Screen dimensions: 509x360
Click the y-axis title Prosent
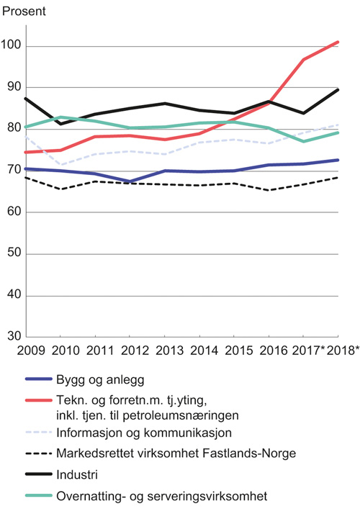(24, 10)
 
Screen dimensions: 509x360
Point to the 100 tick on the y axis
(12, 47)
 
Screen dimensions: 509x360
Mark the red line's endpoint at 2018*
(338, 42)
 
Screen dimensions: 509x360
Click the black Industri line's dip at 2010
(60, 124)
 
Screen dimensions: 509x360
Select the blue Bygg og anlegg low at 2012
(130, 181)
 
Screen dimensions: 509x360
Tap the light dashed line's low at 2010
(60, 166)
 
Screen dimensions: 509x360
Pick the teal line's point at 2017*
(303, 141)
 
